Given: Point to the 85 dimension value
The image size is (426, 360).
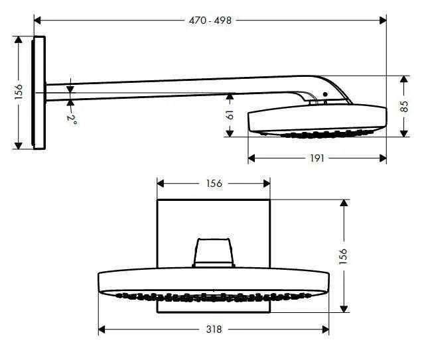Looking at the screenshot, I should click(x=404, y=106).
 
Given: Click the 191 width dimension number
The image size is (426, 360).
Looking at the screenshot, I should click(x=317, y=158).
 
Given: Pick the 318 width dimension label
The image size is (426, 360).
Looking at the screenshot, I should click(x=214, y=329).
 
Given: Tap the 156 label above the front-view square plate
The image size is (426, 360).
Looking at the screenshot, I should click(x=213, y=184).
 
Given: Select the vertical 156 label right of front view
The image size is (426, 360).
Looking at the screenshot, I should click(x=343, y=256).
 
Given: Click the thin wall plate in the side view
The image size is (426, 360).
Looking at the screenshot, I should click(x=39, y=92).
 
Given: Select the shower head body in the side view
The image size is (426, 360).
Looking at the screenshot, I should click(x=317, y=118).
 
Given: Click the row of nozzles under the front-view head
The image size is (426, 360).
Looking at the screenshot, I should click(x=213, y=294).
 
